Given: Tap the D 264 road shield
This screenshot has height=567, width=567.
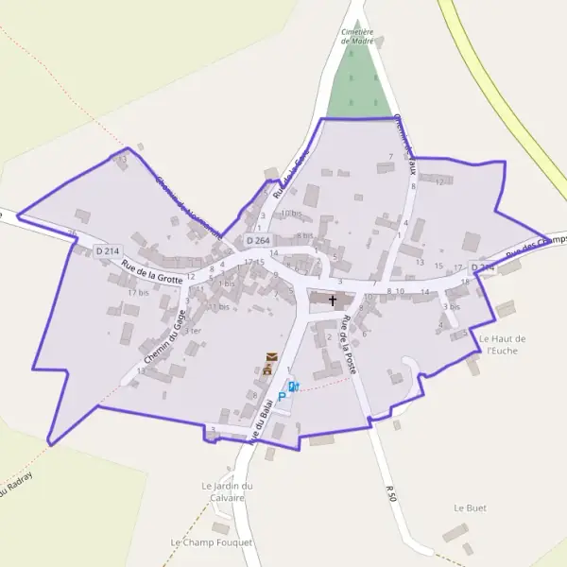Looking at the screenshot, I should point(269,240).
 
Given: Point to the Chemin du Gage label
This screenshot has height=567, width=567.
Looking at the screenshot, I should point(163,337).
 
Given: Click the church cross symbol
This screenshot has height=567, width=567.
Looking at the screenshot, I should point(333,301).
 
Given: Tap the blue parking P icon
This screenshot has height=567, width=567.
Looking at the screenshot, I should point(281,398).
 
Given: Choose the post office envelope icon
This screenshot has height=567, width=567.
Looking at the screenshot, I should point(272,355).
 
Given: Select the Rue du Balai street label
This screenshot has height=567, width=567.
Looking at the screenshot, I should point(258,422).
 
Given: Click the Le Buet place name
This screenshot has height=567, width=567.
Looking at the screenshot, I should point(470,508).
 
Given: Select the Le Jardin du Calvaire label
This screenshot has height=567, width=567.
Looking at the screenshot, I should point(228,491).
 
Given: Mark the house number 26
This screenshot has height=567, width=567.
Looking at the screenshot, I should point(73,233).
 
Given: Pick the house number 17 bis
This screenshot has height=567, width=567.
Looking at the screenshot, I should point(139,293).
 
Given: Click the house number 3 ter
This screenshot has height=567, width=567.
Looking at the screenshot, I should point(192,332).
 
